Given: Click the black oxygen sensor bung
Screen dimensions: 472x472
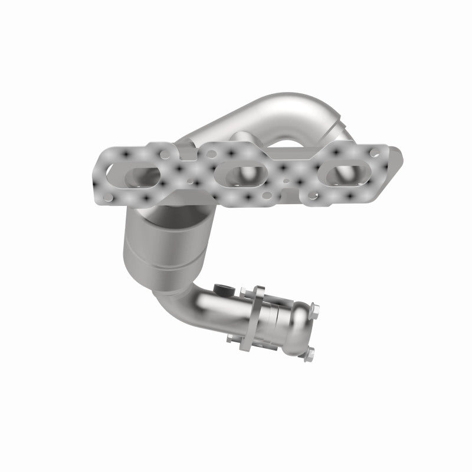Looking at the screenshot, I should coord(222,289).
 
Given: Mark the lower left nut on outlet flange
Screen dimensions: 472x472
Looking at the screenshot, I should coord(231,338).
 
